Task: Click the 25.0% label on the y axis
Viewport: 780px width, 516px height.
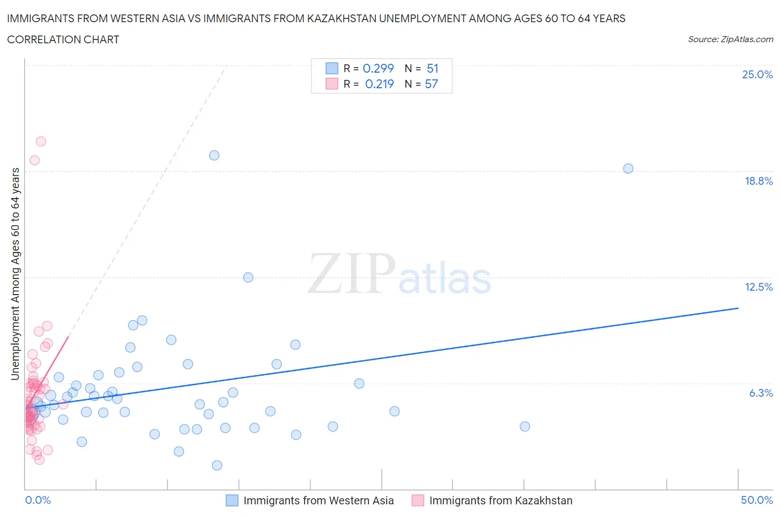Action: click(x=757, y=75)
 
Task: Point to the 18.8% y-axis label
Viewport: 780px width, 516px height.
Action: click(x=758, y=181)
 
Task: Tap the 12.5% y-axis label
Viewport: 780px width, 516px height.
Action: click(x=758, y=287)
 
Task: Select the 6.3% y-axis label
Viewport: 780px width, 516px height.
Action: click(x=761, y=393)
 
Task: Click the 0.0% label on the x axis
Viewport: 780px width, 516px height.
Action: click(x=38, y=500)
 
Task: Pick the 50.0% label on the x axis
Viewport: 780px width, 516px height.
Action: click(x=757, y=500)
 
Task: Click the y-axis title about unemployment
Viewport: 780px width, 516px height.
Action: click(x=16, y=274)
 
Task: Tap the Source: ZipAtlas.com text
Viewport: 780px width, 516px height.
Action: click(x=730, y=39)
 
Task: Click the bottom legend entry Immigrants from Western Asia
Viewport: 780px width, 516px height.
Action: click(x=318, y=500)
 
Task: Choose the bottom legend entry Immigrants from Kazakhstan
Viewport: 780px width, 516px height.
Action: click(x=500, y=500)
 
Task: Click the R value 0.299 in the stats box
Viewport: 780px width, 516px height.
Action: click(x=378, y=68)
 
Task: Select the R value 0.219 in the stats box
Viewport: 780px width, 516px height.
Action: click(x=379, y=84)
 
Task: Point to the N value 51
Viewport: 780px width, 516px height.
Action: click(x=432, y=68)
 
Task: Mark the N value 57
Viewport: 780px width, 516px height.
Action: click(x=431, y=84)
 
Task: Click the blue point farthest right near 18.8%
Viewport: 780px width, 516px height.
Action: click(x=628, y=169)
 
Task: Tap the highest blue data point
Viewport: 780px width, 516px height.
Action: click(x=214, y=155)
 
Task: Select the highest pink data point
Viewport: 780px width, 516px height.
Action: click(x=40, y=141)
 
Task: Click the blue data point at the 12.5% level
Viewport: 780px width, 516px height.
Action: click(x=248, y=277)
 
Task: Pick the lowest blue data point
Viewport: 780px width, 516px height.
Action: click(x=217, y=466)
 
